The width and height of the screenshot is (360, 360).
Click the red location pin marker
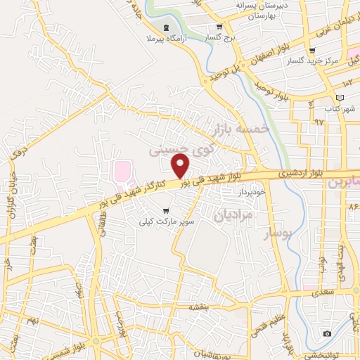point(181,167)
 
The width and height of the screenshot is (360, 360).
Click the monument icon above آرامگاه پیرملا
point(165,27)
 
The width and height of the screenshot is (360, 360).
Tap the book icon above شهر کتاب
point(341,97)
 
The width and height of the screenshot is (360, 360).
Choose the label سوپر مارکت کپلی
point(166,221)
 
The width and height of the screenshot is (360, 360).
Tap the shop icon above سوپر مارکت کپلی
point(166,210)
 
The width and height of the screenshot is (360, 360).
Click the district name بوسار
point(276,233)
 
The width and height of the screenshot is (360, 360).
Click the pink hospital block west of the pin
point(122,171)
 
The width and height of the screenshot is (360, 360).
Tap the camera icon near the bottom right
point(326,333)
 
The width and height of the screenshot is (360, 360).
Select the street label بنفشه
point(199,308)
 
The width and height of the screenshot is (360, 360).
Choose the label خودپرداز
point(250,191)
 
